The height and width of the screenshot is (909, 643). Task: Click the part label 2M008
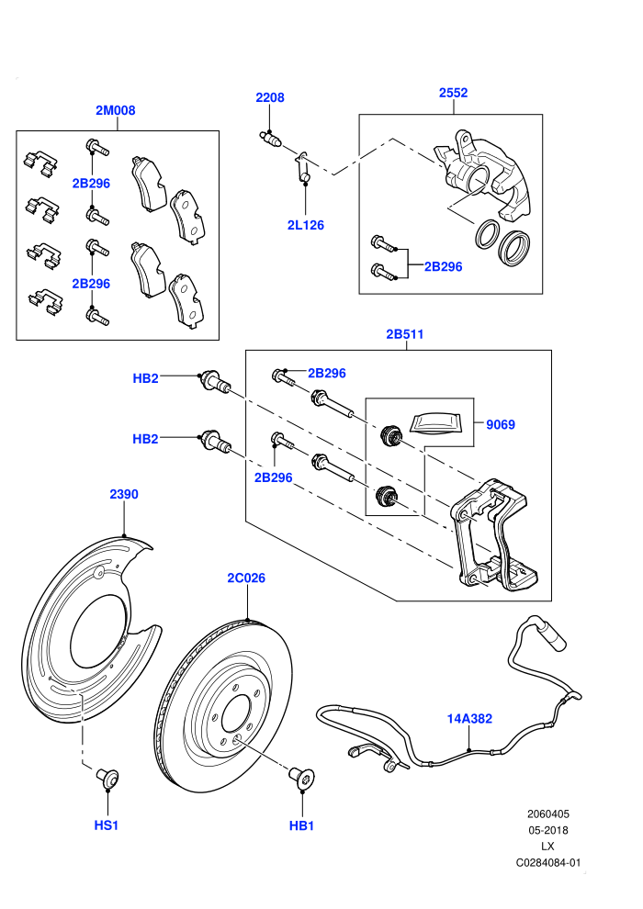(116, 110)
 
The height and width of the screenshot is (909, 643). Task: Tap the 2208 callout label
(270, 97)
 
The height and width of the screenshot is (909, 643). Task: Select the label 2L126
(306, 225)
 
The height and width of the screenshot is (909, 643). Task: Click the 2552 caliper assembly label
(454, 93)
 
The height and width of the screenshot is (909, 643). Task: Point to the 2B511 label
(405, 334)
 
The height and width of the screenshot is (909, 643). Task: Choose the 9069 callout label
(501, 424)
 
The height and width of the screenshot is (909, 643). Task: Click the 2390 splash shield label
(124, 494)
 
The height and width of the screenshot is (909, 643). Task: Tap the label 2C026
(246, 578)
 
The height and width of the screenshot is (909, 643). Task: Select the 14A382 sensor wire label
(469, 718)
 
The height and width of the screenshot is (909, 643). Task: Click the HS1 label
(107, 825)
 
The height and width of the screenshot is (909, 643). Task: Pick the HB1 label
(301, 825)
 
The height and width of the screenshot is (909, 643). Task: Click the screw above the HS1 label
(107, 777)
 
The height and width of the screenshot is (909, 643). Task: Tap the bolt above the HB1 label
(302, 777)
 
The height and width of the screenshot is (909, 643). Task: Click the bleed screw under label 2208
(270, 139)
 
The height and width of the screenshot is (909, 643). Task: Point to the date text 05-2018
(547, 830)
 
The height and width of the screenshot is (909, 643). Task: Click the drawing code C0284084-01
(547, 862)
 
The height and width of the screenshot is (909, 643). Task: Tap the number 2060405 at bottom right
(547, 814)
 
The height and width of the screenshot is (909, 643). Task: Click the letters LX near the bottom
(547, 847)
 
